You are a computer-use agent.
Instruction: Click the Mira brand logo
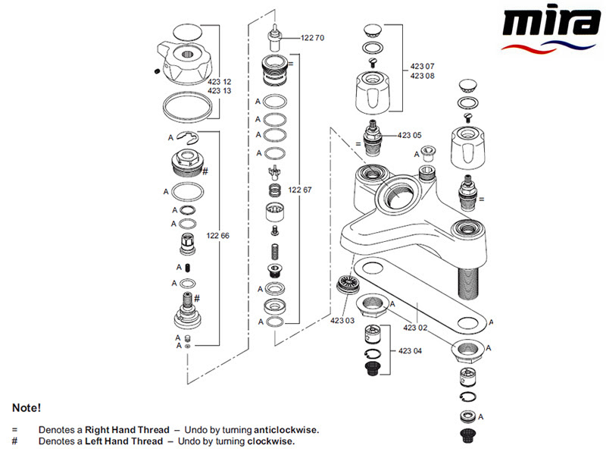point(551,30)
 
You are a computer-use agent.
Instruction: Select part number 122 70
point(312,38)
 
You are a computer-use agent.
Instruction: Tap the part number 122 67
point(300,190)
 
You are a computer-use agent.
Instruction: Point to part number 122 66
point(217,236)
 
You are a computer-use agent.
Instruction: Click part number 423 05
point(409,136)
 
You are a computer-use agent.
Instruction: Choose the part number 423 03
point(342,321)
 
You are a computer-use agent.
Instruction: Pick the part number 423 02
point(415,328)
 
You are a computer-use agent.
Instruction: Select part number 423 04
point(410,351)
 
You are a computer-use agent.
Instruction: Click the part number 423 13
point(219,91)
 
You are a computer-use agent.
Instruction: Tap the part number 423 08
point(422,76)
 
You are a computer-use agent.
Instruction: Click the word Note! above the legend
point(27,408)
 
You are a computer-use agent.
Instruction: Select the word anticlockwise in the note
point(286,430)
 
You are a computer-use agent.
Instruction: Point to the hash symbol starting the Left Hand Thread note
point(14,441)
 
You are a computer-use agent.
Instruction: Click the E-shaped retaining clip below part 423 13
point(187,136)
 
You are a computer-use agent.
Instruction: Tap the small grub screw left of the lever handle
point(157,71)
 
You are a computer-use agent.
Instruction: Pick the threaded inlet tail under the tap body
point(468,283)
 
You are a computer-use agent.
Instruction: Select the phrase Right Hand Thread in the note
point(127,430)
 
